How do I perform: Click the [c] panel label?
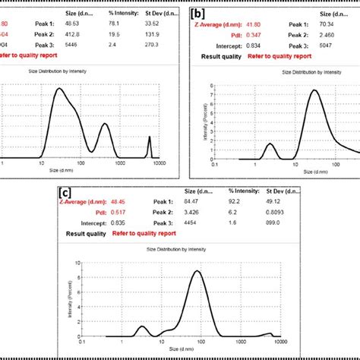65,193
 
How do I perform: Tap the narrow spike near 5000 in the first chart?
149,140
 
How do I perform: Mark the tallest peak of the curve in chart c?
197,271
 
